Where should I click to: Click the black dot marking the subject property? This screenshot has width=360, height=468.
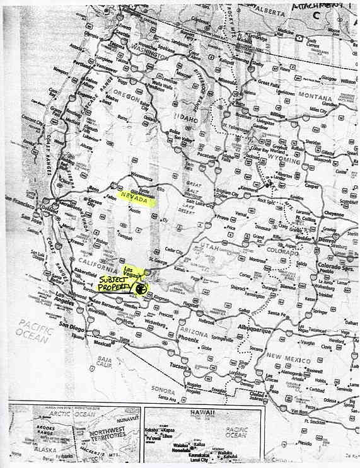(x=141, y=289)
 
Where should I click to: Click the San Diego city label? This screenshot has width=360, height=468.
(x=72, y=325)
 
